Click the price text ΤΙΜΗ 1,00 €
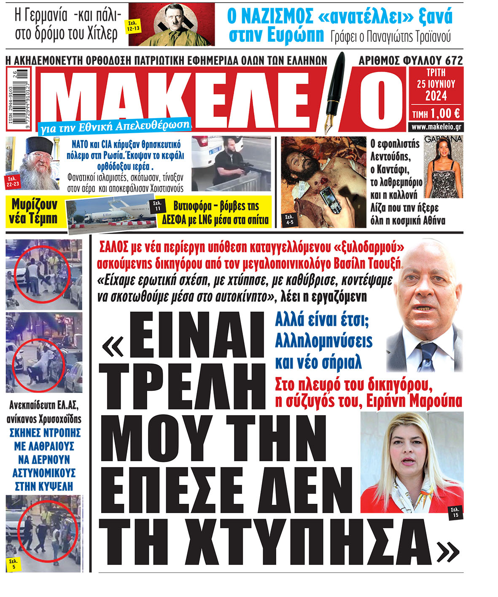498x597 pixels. tap(436, 113)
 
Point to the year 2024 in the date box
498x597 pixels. tap(436, 96)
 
